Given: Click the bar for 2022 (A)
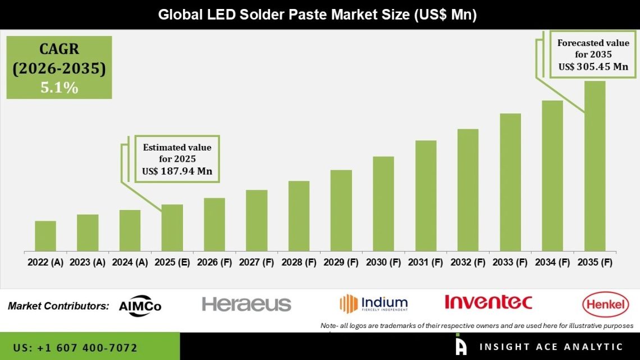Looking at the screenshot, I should tap(45, 236).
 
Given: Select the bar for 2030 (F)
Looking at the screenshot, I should tap(383, 203).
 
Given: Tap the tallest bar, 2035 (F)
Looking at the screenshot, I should tap(595, 166).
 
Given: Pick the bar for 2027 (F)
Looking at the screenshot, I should tap(257, 220).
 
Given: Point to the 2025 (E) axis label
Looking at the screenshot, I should tap(172, 262).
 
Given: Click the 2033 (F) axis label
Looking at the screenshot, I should tap(510, 262).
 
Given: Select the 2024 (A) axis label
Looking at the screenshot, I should tap(130, 262).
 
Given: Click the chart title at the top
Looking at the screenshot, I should tap(317, 15).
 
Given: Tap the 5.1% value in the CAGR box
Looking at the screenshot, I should tap(59, 87).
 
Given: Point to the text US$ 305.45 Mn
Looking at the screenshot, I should tap(593, 67).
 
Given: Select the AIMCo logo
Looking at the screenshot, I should tap(140, 306).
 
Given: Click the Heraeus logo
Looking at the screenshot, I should tap(246, 304).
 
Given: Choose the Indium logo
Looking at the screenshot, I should tap(374, 303).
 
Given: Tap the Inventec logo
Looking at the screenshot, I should tap(488, 302).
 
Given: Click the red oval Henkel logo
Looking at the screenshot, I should tap(605, 305).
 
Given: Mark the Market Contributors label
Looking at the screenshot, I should tap(58, 306).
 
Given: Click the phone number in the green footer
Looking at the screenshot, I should tap(75, 348).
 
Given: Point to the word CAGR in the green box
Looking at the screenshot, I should tap(59, 49).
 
